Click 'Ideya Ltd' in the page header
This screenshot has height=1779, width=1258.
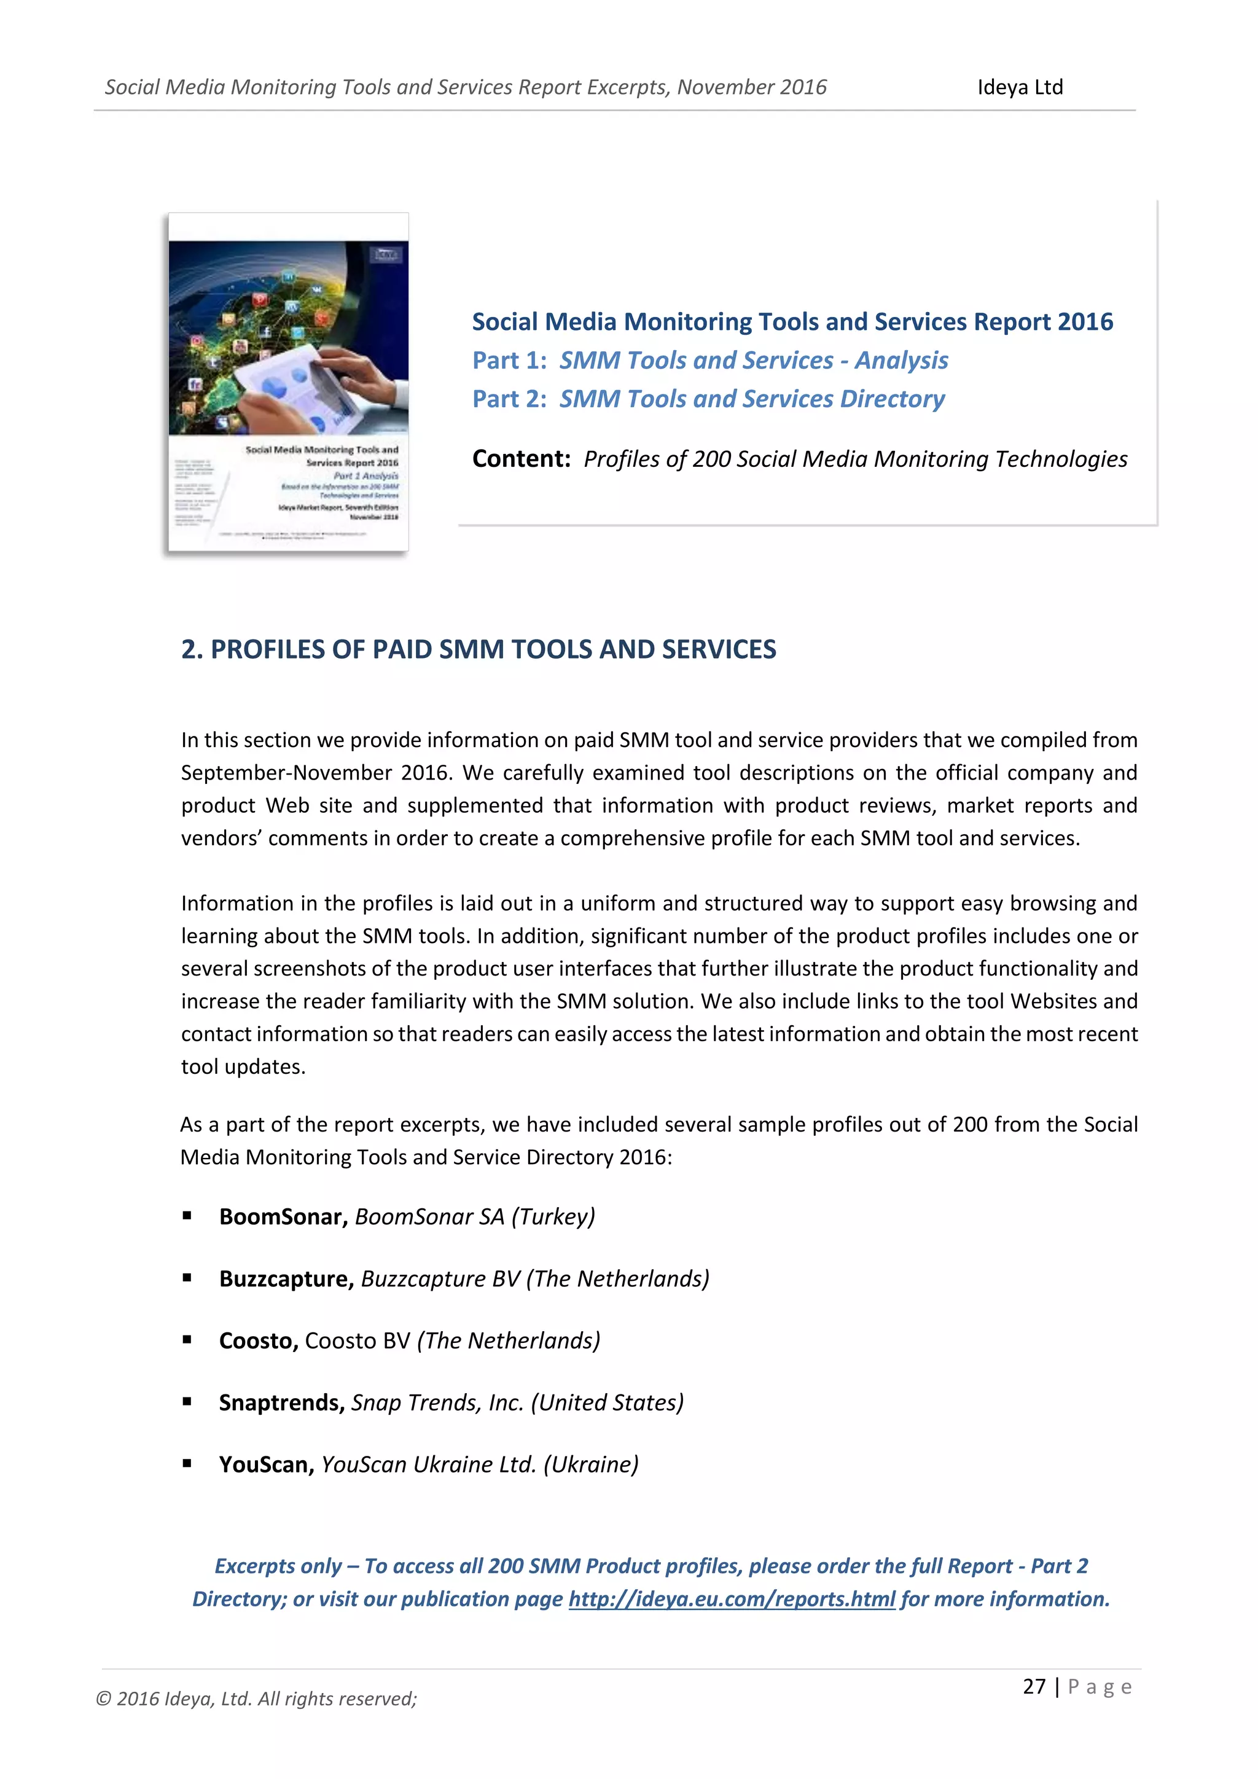click(1020, 87)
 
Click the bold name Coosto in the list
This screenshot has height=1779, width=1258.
click(258, 1340)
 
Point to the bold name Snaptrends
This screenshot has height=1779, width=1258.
click(281, 1402)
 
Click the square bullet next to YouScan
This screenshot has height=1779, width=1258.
click(187, 1464)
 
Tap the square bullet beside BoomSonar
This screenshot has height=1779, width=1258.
click(187, 1216)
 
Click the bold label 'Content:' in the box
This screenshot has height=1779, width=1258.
click(520, 459)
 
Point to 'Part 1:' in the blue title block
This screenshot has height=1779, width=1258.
click(509, 361)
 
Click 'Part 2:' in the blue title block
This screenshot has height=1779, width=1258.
click(509, 399)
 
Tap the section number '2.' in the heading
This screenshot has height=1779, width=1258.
click(191, 649)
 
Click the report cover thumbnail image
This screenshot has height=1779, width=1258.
click(288, 382)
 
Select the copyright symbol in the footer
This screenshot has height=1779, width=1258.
click(103, 1699)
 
